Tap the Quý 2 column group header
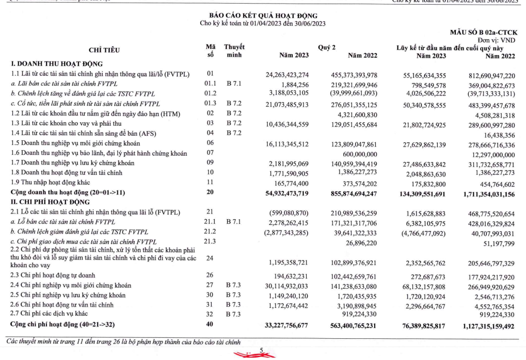(325, 47)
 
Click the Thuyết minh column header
(234, 51)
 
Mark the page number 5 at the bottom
(262, 352)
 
